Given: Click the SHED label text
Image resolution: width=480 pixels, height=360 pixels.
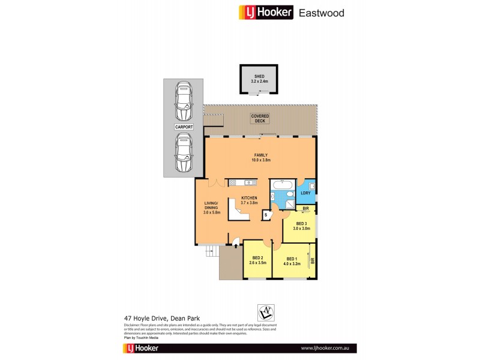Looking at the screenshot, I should click(x=259, y=77).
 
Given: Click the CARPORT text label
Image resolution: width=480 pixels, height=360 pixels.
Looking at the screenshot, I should click(x=184, y=128).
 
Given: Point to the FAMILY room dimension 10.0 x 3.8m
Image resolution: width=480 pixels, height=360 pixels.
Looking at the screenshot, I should click(x=260, y=160).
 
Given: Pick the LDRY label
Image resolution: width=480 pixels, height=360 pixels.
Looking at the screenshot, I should click(x=305, y=193).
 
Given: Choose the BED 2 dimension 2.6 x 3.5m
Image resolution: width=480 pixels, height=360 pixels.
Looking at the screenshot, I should click(x=257, y=262).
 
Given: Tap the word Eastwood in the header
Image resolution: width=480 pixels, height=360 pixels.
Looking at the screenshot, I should click(x=323, y=12).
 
